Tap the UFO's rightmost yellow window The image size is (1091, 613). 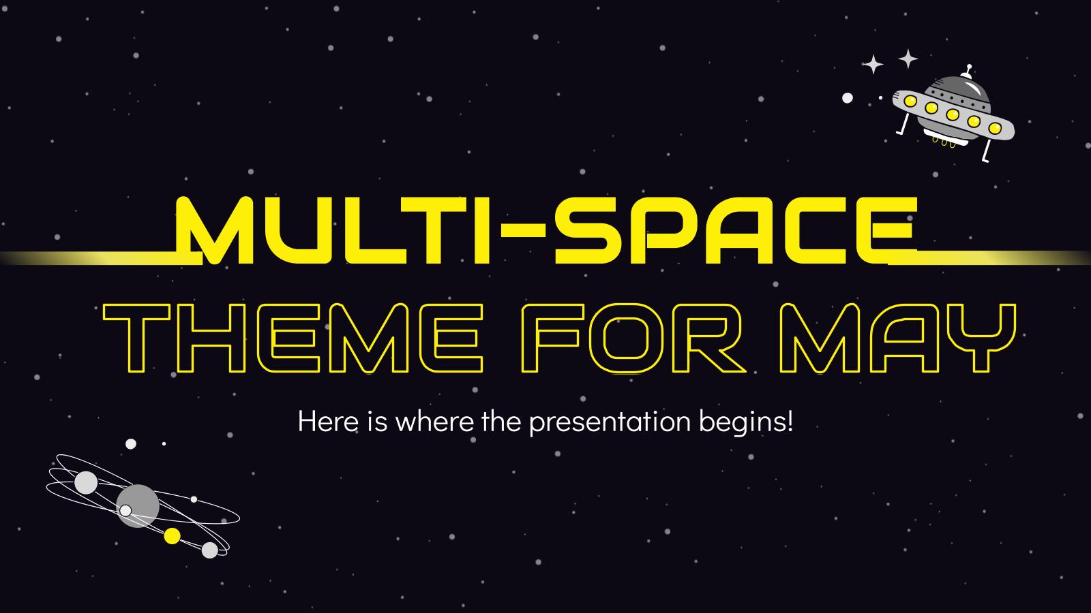[x=995, y=127]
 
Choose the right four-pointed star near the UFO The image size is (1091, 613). [x=908, y=59]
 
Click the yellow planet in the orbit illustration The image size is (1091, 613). [x=173, y=536]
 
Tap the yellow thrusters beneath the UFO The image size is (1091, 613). [x=943, y=142]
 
